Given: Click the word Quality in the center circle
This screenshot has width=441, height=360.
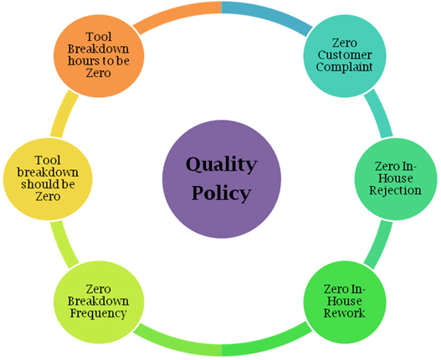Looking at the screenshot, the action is (x=222, y=165).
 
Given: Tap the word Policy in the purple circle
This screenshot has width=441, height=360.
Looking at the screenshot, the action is (x=222, y=193).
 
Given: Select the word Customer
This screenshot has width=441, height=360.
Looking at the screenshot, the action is (x=345, y=55).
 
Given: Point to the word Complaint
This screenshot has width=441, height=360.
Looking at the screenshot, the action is (x=345, y=67).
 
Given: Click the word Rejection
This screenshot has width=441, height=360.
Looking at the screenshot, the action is (x=396, y=191).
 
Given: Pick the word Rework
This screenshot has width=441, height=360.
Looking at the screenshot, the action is (x=344, y=313).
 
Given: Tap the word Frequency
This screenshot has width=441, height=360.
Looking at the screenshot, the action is (x=98, y=313).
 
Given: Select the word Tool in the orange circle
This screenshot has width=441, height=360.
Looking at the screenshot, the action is (x=99, y=37).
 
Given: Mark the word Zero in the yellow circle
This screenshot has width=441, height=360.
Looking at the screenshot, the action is (x=48, y=197).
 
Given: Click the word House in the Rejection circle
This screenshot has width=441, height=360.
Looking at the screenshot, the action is (x=396, y=178).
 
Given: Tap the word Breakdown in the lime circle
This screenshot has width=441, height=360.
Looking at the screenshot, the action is (x=98, y=301).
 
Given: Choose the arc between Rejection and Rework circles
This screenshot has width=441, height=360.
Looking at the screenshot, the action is (x=379, y=244).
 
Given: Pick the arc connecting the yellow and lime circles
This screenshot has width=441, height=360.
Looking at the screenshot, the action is (x=64, y=244).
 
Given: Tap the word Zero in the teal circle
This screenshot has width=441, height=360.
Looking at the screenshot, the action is (x=345, y=43).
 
